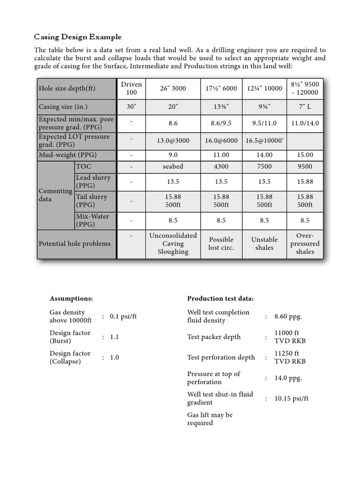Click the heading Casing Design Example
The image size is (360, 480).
[78, 37]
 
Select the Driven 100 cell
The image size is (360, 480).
[131, 88]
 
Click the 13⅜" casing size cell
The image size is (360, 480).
[221, 106]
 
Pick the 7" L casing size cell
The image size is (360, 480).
[305, 106]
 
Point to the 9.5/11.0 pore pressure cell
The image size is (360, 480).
[264, 123]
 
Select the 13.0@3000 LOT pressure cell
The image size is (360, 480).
[173, 140]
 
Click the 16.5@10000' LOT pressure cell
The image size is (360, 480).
[264, 140]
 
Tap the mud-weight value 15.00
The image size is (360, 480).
[305, 155]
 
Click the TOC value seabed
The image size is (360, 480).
[173, 166]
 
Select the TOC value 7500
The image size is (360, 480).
[264, 166]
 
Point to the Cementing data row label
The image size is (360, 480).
[55, 195]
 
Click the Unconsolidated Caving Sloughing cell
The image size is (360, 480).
[173, 243]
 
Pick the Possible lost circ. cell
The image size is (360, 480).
[221, 243]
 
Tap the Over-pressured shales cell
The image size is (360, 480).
[305, 243]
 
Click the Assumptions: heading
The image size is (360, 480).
[71, 299]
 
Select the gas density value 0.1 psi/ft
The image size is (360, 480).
[123, 316]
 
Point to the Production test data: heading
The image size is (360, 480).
[220, 299]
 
